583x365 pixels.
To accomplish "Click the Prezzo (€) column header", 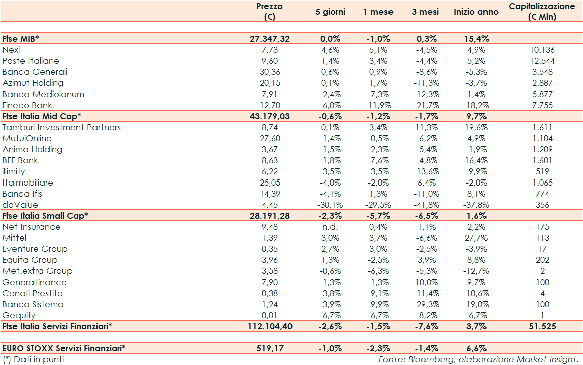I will [x=269, y=12].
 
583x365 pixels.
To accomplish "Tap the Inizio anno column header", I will [x=476, y=12].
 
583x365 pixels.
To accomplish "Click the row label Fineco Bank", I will [x=27, y=105].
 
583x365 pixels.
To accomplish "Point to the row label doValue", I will [x=20, y=205].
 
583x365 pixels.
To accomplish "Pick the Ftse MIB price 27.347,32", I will [x=270, y=39].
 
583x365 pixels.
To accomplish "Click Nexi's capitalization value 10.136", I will [x=542, y=50].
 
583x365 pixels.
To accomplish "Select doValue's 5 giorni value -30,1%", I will [x=330, y=205].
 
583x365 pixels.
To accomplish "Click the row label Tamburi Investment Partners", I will [x=61, y=127].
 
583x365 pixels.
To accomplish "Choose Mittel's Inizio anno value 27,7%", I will [x=476, y=238].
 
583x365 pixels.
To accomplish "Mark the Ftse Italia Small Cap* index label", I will [x=45, y=216].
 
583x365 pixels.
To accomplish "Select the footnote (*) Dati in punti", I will [x=33, y=359].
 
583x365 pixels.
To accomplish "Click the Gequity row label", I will [x=19, y=315].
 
